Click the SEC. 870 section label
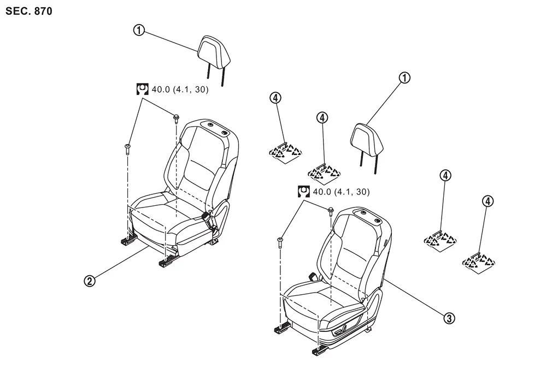click(29, 11)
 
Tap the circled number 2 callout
click(90, 281)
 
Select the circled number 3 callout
click(449, 318)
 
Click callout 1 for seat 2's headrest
click(139, 30)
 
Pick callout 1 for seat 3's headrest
click(404, 78)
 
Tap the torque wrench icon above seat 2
click(143, 90)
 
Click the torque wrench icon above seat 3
click(303, 192)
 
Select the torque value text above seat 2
click(180, 90)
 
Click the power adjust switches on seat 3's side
click(340, 331)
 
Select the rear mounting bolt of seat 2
click(175, 118)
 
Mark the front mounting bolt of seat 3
click(280, 242)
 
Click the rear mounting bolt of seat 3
click(331, 211)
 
